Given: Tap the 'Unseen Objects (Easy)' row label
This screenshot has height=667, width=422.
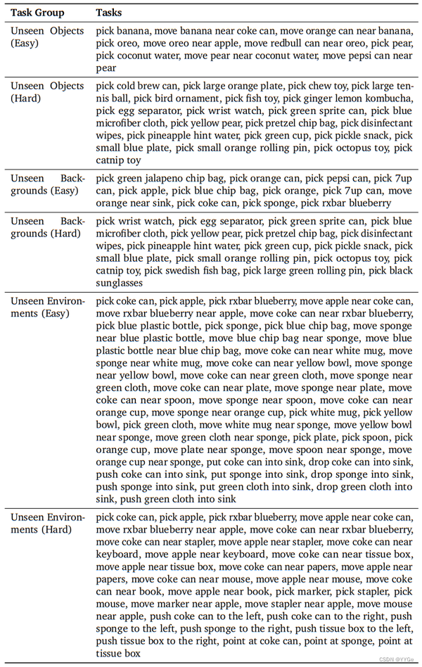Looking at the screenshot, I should [x=46, y=37].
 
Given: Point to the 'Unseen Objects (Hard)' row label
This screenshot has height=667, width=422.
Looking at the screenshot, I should [x=46, y=91].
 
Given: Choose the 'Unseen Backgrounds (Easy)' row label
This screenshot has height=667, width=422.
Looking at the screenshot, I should [x=46, y=184].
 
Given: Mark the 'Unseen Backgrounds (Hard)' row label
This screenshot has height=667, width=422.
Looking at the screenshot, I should [x=46, y=234].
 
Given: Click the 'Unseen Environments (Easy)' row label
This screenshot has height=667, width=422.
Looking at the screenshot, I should [x=46, y=307].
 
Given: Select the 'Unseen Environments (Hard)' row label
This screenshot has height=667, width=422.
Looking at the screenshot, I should [x=46, y=523].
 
